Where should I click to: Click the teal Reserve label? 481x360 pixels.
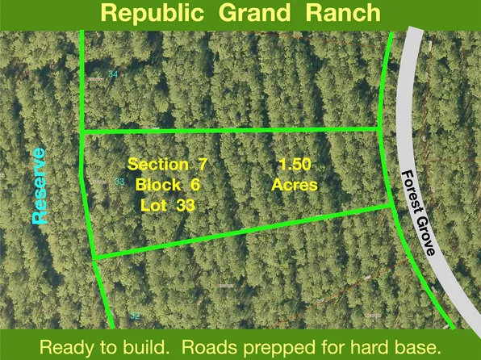coord(39,186)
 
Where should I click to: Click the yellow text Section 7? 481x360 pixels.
coord(167,165)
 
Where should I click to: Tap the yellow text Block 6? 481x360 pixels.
coord(167,185)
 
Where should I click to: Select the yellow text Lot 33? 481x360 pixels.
coord(167,205)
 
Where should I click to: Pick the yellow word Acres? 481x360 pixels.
coord(295,185)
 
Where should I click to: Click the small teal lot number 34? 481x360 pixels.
coord(113,75)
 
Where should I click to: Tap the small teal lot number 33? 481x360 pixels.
coord(119,182)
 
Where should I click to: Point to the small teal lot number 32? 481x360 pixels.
coord(134,316)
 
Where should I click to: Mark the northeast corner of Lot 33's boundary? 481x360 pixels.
coord(382,129)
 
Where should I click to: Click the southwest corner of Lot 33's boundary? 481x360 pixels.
coord(94,257)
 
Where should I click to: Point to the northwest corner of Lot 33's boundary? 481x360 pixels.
coord(82,132)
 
